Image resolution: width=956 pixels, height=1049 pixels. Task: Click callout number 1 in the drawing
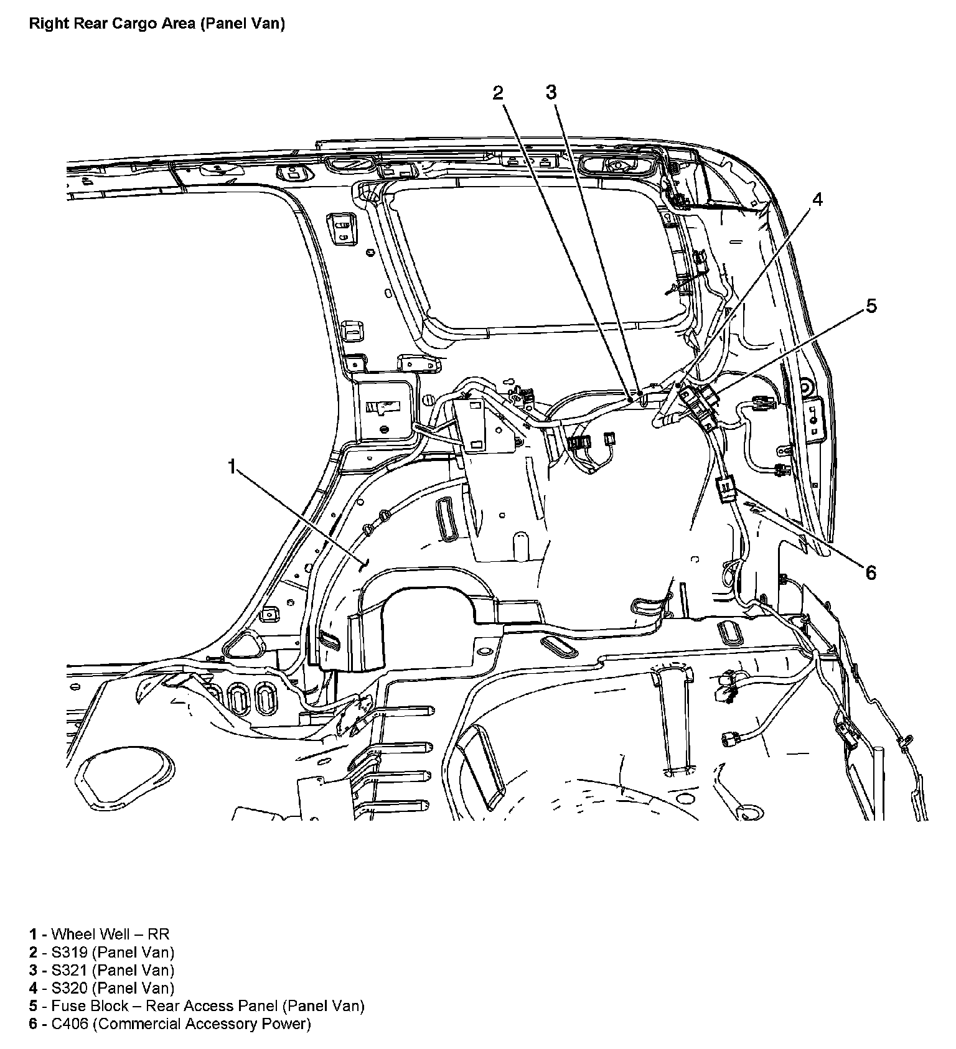(x=232, y=466)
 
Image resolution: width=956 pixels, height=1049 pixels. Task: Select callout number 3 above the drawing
(x=551, y=92)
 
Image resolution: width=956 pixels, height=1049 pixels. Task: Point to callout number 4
(x=817, y=200)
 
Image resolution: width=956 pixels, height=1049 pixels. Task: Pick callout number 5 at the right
(x=871, y=306)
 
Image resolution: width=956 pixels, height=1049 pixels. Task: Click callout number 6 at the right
(x=871, y=572)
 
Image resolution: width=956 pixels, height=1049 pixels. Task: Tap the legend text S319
(x=70, y=952)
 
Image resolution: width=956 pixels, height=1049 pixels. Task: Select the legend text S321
(x=70, y=970)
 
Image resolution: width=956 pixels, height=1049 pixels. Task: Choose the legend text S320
(x=70, y=988)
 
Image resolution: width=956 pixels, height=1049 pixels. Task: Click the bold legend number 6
(x=34, y=1024)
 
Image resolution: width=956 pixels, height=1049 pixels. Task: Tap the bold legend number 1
(x=34, y=934)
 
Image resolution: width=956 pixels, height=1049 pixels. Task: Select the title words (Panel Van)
(x=243, y=24)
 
